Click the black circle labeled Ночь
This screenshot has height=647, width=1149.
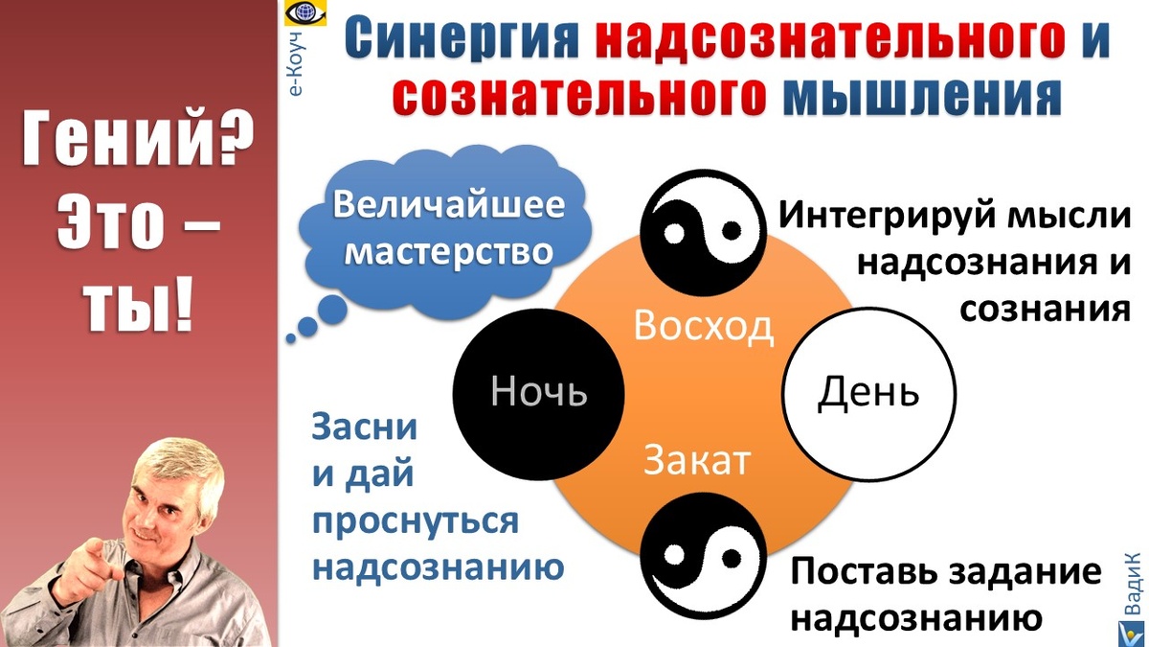[537, 393]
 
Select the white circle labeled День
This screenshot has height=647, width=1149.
[868, 393]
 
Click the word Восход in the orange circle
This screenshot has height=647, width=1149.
[703, 327]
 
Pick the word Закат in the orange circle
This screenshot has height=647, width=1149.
[696, 460]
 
